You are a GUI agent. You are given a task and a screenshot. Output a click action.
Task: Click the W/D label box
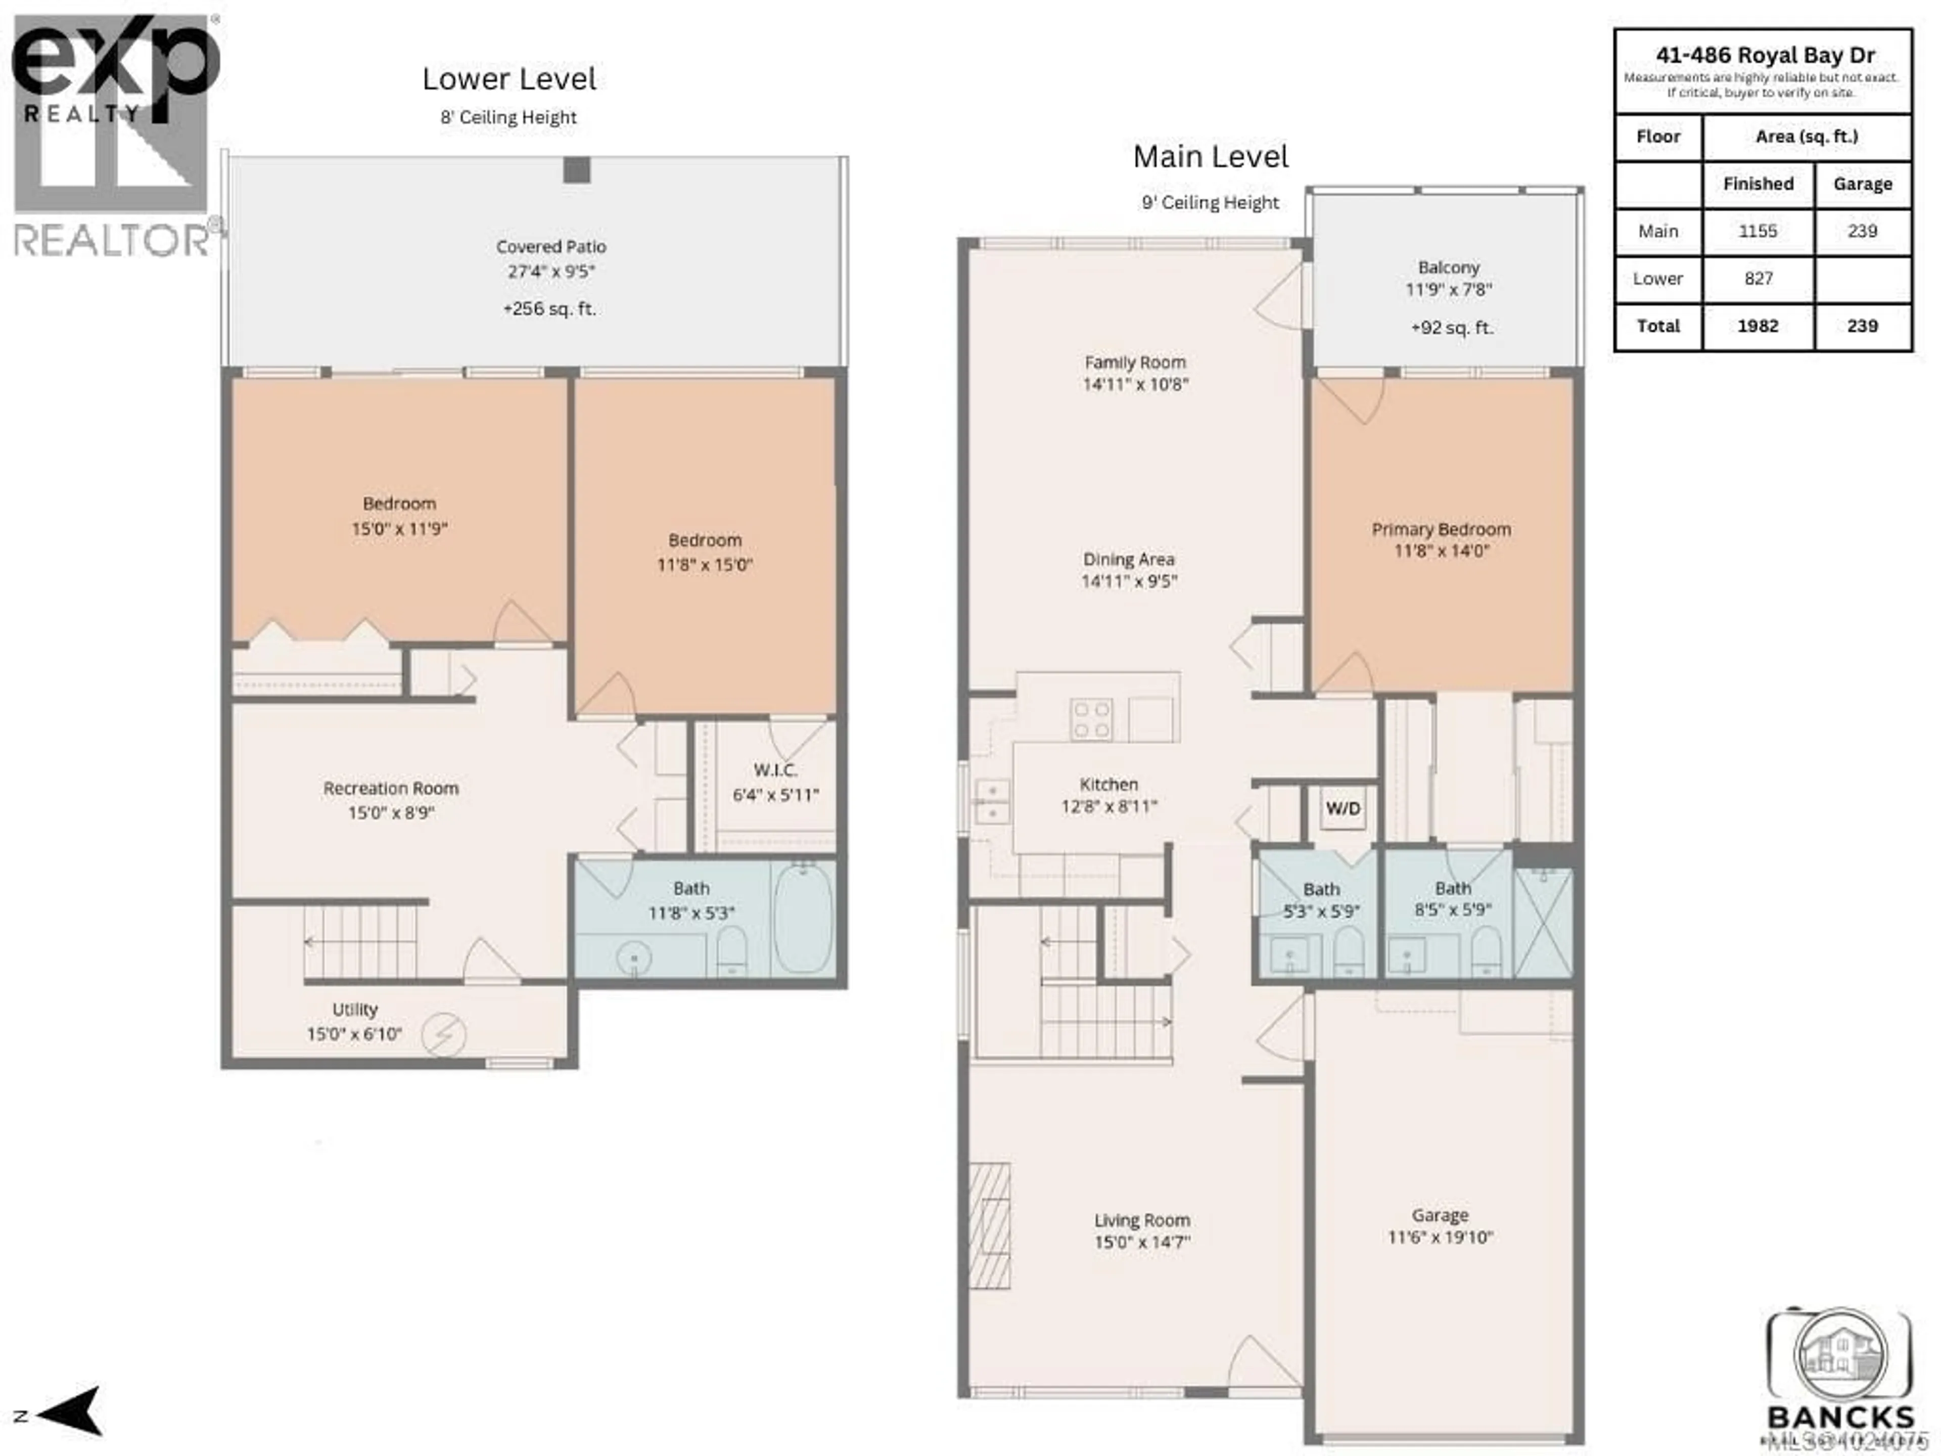point(1343,808)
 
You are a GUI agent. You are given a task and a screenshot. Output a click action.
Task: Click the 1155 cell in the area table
point(1758,232)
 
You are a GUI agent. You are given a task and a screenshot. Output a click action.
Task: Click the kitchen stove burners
point(1091,720)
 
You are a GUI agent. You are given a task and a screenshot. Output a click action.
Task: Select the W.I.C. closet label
point(775,770)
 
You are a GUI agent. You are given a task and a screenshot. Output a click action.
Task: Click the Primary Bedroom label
point(1441,529)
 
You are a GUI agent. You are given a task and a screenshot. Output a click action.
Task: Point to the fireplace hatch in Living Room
point(990,1225)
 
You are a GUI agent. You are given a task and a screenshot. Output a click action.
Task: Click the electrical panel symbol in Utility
point(443,1035)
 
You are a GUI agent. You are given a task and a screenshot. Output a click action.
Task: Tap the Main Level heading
point(1210,157)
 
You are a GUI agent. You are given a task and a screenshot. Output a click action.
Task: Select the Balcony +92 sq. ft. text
point(1451,328)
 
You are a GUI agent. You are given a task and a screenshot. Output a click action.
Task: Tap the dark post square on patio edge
point(577,169)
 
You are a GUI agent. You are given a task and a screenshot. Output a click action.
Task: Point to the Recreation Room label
point(391,788)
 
